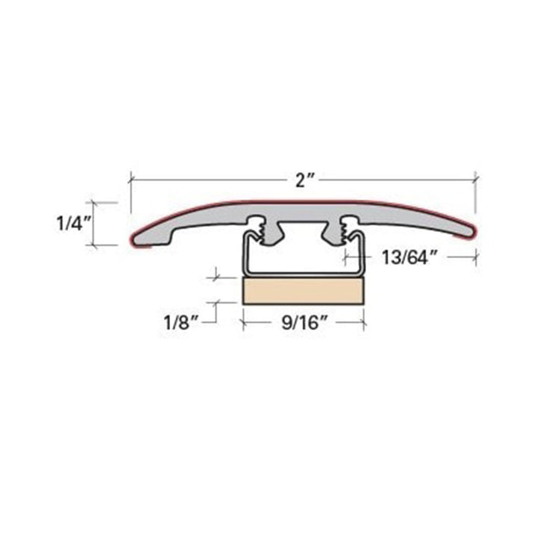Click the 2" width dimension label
[301, 180]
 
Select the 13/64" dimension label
[409, 258]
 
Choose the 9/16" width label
[303, 324]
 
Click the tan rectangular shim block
[303, 291]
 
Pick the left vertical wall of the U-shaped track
[242, 257]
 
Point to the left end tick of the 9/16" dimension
[242, 323]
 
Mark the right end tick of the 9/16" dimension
[365, 323]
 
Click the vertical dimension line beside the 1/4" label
[94, 223]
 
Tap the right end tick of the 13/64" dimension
[476, 257]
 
